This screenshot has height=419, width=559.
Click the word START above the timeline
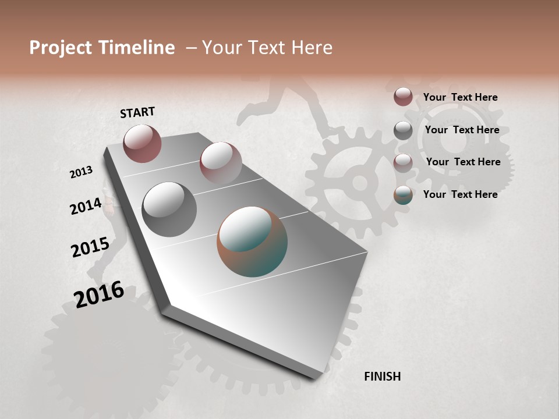[137, 112]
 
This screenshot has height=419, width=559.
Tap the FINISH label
[382, 377]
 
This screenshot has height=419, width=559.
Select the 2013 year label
[81, 172]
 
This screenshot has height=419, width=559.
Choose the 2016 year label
[99, 294]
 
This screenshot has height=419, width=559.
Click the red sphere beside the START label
[142, 143]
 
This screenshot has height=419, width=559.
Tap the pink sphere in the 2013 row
[221, 162]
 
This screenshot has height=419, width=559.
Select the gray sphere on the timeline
[169, 209]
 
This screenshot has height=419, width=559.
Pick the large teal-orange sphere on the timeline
[252, 241]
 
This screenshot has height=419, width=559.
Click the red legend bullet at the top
[403, 97]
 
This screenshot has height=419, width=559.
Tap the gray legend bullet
[403, 130]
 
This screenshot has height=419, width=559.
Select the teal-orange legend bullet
[403, 195]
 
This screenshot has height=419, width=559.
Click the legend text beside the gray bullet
[462, 130]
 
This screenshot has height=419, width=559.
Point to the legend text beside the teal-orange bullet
[460, 194]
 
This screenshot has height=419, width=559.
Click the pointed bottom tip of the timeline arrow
[314, 377]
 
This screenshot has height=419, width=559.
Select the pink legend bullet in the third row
[403, 163]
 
